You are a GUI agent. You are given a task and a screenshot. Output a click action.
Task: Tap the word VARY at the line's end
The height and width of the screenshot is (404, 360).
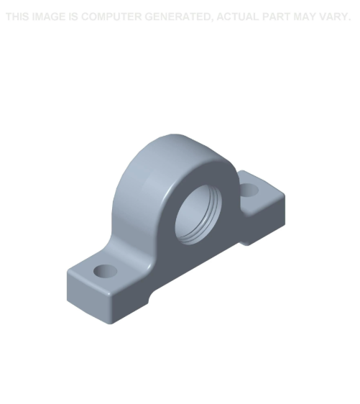click(337, 17)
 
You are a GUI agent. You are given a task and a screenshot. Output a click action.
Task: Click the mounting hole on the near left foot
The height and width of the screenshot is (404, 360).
click(106, 271)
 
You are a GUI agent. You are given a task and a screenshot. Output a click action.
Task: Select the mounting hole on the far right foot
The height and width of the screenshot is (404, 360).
click(249, 190)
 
